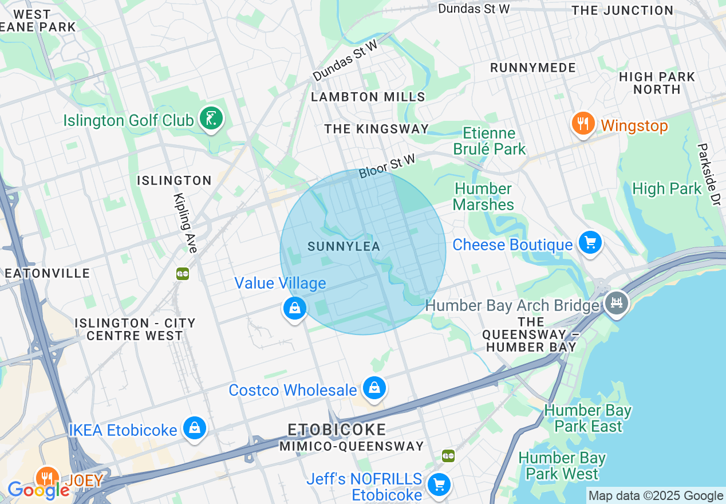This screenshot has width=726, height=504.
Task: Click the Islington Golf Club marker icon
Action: point(211,119)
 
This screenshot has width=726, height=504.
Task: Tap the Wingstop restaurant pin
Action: point(583,124)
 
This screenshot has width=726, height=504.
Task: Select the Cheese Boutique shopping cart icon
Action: point(590,243)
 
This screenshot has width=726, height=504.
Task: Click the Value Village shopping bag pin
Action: point(295,309)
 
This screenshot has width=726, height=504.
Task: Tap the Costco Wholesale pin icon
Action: point(374,389)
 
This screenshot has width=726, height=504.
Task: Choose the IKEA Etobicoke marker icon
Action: point(195,428)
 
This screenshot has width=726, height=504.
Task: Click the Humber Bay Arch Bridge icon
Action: point(616,302)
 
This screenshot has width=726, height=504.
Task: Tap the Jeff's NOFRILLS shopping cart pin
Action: point(439,485)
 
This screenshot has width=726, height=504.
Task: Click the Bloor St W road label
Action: point(387,165)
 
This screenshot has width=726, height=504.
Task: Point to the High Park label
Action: point(666,188)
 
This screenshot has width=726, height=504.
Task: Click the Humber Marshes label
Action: point(483,196)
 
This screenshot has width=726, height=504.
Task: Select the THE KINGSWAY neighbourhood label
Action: point(376,129)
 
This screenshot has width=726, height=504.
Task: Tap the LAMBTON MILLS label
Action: point(368,97)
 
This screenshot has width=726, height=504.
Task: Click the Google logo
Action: point(38,490)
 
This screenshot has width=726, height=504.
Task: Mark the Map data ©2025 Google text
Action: point(656,496)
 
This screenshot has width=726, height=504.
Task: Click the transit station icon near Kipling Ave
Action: point(183,274)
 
